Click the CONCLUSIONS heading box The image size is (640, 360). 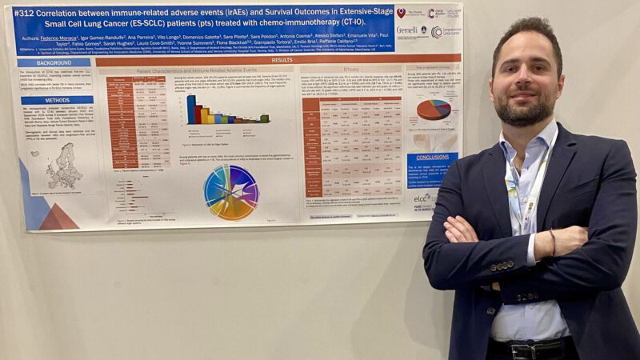tap(432, 158)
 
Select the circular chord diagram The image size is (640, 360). tap(230, 192)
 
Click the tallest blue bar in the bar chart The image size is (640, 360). tap(191, 109)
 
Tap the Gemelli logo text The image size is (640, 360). tap(407, 30)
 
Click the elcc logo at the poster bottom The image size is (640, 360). tap(422, 197)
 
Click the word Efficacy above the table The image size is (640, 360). tap(350, 70)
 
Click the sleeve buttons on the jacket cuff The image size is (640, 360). tap(502, 265)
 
